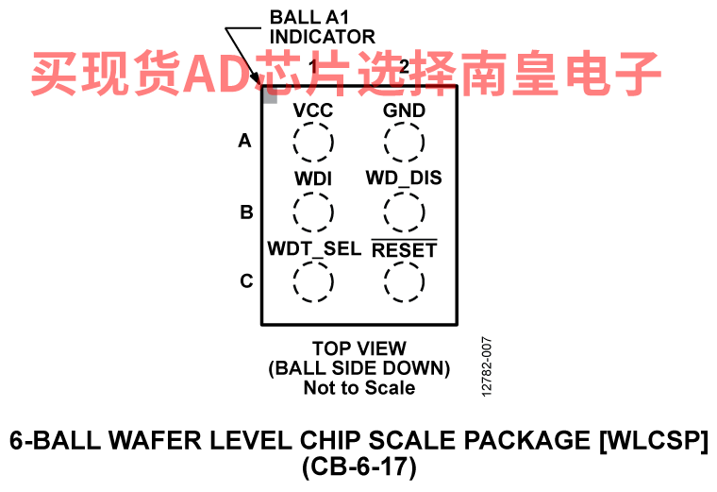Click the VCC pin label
tap(313, 110)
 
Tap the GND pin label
tap(404, 110)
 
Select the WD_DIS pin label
tap(404, 178)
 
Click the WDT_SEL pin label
tap(314, 249)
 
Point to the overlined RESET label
tap(404, 249)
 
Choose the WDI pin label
tap(313, 178)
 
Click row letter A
tap(244, 141)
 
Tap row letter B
tap(246, 212)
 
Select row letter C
tap(246, 281)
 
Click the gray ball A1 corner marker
tap(270, 94)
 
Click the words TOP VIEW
tap(359, 348)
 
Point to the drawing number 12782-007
tap(487, 367)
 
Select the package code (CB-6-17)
tap(359, 467)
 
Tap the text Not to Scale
tap(359, 388)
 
